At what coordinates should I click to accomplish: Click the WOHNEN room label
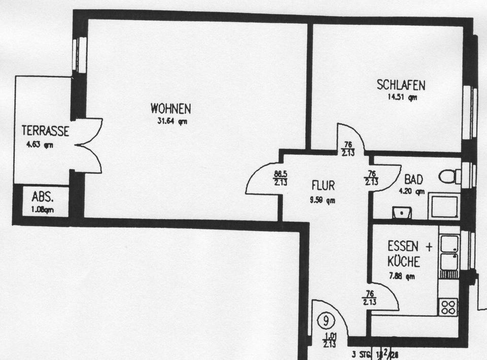pyautogui.click(x=170, y=109)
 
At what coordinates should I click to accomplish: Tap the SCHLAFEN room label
pyautogui.click(x=401, y=85)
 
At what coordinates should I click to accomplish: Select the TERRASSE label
pyautogui.click(x=45, y=131)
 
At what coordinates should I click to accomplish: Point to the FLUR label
pyautogui.click(x=323, y=185)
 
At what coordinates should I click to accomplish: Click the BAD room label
pyautogui.click(x=413, y=180)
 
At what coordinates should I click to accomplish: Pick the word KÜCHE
pyautogui.click(x=404, y=262)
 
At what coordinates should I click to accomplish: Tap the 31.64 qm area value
pyautogui.click(x=172, y=121)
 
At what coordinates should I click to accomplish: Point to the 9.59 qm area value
pyautogui.click(x=323, y=200)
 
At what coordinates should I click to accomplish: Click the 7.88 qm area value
pyautogui.click(x=402, y=276)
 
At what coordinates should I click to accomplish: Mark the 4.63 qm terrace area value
pyautogui.click(x=40, y=145)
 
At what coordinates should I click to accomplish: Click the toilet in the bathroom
pyautogui.click(x=449, y=176)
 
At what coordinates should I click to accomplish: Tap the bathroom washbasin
pyautogui.click(x=401, y=213)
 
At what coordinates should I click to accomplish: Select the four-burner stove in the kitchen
pyautogui.click(x=448, y=306)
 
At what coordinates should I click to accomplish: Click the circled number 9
pyautogui.click(x=326, y=321)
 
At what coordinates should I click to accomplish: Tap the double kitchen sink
pyautogui.click(x=449, y=252)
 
